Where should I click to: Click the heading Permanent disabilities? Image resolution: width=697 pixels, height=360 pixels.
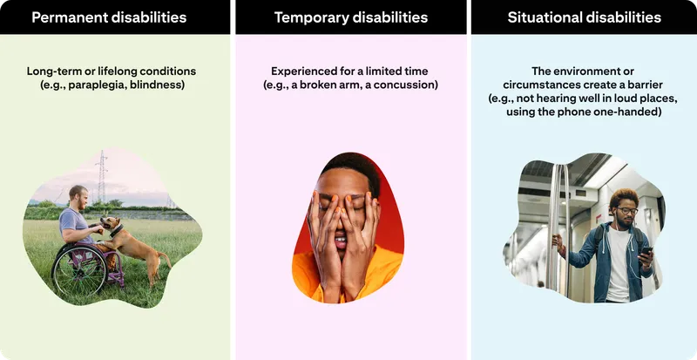(x=109, y=17)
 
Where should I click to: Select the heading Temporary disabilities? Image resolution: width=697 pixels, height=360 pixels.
(x=351, y=17)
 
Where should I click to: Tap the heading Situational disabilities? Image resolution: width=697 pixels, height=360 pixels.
(x=584, y=17)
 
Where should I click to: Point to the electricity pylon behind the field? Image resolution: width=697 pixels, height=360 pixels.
(x=102, y=177)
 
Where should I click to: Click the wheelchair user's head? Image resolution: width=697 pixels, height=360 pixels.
(x=78, y=196)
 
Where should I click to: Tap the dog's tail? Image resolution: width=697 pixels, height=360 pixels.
(x=164, y=260)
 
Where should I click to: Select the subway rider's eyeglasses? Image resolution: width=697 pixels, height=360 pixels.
(x=626, y=210)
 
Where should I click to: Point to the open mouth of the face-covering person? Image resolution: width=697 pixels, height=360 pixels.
(x=341, y=241)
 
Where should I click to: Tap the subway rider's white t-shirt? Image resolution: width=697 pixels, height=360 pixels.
(x=619, y=264)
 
